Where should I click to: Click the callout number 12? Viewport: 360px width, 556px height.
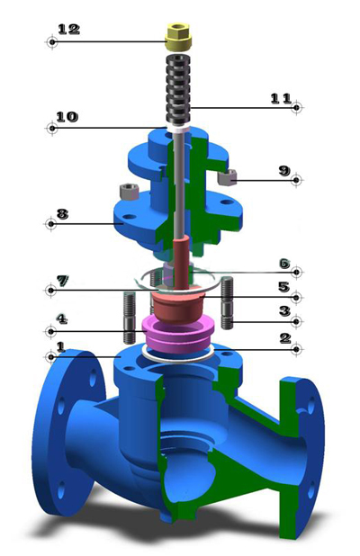tap(68, 29)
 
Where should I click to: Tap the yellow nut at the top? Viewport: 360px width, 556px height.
tap(178, 37)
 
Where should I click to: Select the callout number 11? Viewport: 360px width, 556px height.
tap(282, 99)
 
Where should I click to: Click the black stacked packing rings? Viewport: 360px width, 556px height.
tap(178, 89)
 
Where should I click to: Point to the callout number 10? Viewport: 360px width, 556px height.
tap(67, 117)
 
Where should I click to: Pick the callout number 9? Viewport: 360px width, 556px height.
tap(284, 171)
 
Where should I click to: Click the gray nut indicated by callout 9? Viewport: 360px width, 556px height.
tap(228, 177)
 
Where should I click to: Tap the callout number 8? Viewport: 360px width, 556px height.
tap(62, 214)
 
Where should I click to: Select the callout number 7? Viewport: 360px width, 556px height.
tap(63, 281)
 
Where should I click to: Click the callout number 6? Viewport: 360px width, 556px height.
tap(284, 264)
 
